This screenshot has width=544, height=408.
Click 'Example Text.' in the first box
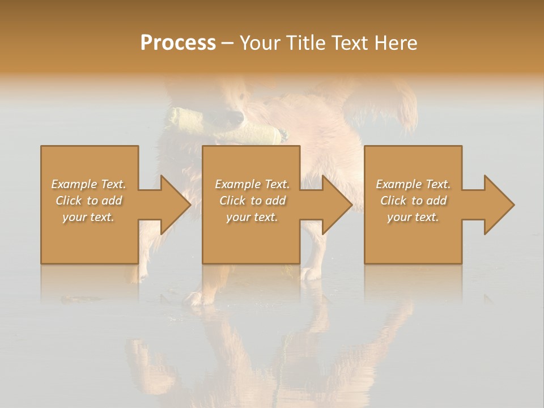tap(88, 184)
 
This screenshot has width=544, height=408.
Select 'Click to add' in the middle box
tap(252, 201)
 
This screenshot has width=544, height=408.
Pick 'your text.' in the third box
tap(413, 217)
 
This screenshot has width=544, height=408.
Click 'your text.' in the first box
tap(88, 217)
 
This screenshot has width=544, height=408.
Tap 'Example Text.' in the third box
tap(413, 184)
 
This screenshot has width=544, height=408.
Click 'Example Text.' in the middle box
tap(252, 184)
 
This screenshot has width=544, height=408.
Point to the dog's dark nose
tap(232, 117)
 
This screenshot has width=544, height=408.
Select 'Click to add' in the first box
tap(88, 201)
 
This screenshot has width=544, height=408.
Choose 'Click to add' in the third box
tap(413, 201)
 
